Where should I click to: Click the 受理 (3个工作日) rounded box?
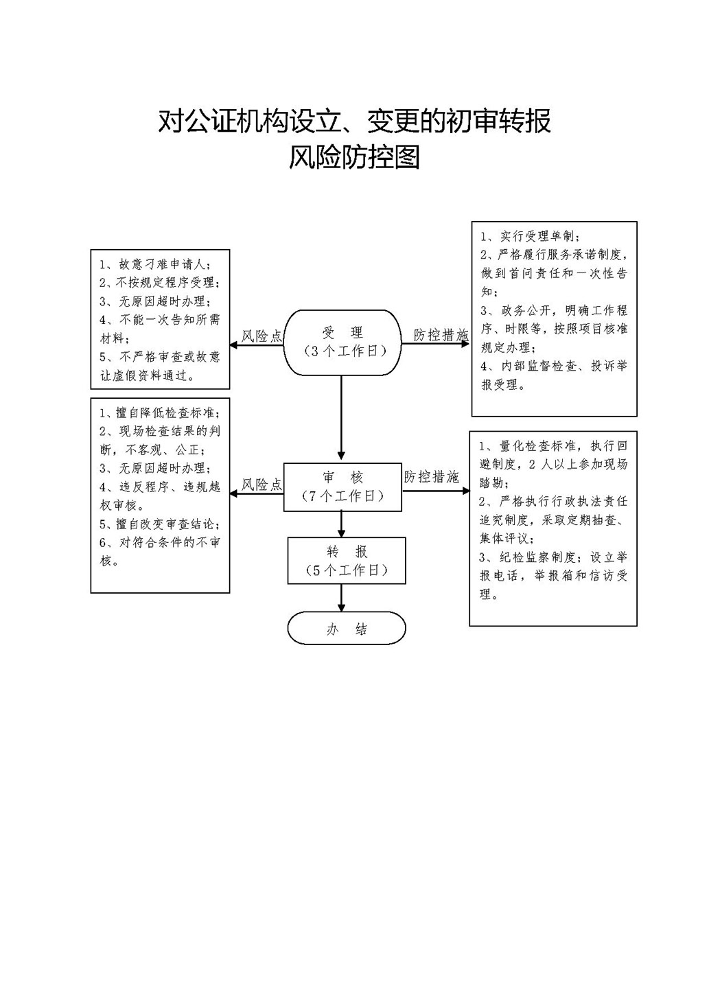pos(342,342)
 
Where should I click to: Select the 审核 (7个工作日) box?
pos(342,487)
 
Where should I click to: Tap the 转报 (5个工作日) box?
pos(347,561)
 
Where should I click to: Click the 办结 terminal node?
pos(347,628)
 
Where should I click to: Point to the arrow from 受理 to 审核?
pos(341,417)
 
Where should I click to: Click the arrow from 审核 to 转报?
pos(341,524)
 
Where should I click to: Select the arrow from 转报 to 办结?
pos(341,598)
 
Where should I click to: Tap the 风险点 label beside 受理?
pos(261,336)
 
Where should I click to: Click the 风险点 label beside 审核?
pos(261,485)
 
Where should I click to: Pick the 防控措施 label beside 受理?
pos(441,335)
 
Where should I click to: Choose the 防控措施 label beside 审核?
pos(432,477)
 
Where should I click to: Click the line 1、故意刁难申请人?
pos(155,264)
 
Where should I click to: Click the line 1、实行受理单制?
pos(531,236)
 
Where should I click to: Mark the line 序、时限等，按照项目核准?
pos(554,329)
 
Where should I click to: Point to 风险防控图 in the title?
pos(354,157)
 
